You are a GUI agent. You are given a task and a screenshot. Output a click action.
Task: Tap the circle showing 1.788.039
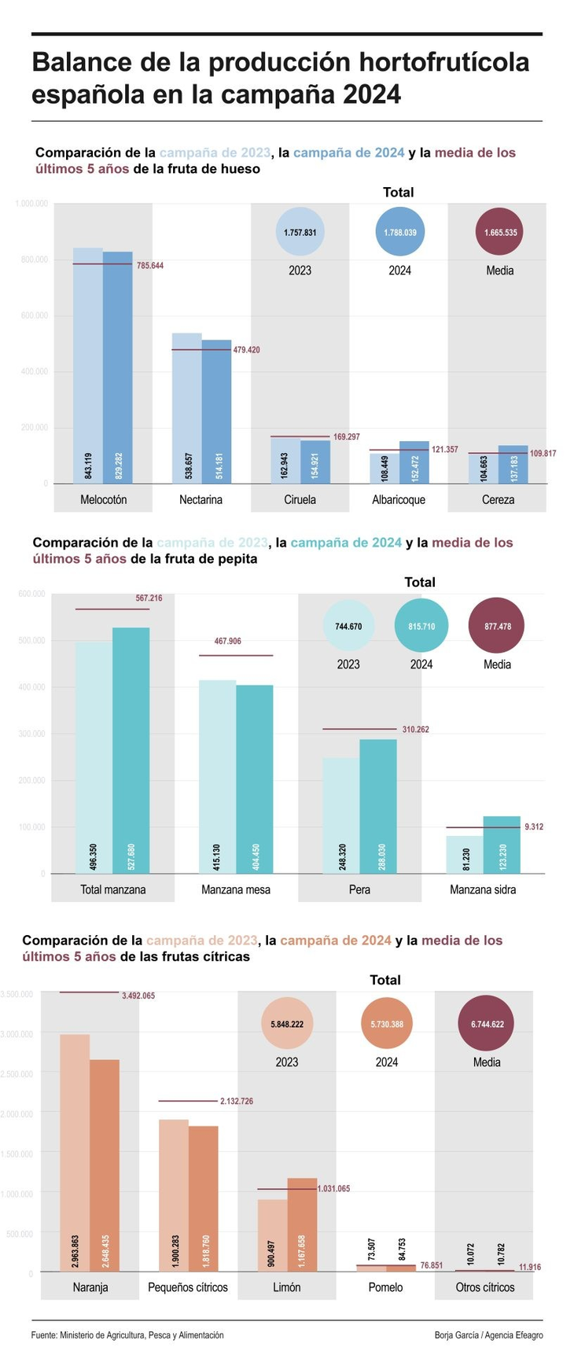(399, 233)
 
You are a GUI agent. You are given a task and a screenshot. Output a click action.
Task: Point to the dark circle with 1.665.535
(500, 233)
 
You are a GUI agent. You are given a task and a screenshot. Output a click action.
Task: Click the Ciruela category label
(300, 500)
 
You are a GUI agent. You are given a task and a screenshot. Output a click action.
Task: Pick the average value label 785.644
(150, 266)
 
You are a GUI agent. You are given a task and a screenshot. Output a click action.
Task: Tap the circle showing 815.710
(421, 626)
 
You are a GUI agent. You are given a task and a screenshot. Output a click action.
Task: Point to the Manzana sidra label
(483, 889)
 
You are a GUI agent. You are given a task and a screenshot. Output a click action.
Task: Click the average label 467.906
(228, 642)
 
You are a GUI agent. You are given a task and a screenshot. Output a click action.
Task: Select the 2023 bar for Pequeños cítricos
(174, 1195)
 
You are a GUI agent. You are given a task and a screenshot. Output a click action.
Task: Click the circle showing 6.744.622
(487, 1024)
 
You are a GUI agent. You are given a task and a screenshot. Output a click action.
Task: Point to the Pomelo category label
(385, 1287)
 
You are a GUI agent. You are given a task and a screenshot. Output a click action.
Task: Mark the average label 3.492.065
(138, 996)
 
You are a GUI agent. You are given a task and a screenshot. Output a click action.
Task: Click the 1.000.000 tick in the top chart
(31, 204)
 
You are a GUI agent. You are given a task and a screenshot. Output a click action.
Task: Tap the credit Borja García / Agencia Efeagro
(488, 1335)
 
